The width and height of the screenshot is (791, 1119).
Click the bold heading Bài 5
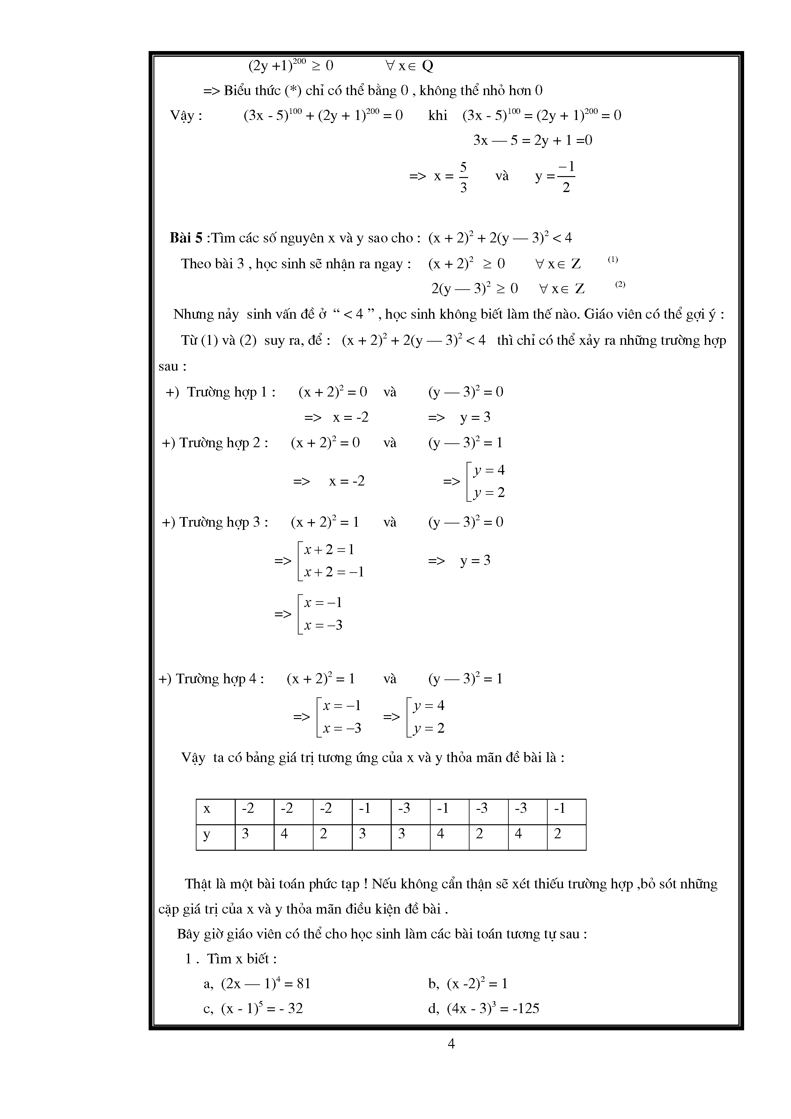pyautogui.click(x=186, y=238)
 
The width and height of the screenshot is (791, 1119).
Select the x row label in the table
pyautogui.click(x=207, y=809)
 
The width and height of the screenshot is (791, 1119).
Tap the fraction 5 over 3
pyautogui.click(x=463, y=177)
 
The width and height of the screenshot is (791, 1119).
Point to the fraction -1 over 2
pyautogui.click(x=566, y=177)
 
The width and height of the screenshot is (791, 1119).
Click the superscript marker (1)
pyautogui.click(x=613, y=260)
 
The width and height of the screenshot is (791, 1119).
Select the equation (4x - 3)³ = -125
pyautogui.click(x=493, y=1008)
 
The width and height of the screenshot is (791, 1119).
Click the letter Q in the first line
pyautogui.click(x=427, y=66)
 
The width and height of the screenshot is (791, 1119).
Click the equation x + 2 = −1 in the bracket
pyautogui.click(x=334, y=572)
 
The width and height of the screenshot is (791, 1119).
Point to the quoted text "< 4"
pyautogui.click(x=354, y=314)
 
